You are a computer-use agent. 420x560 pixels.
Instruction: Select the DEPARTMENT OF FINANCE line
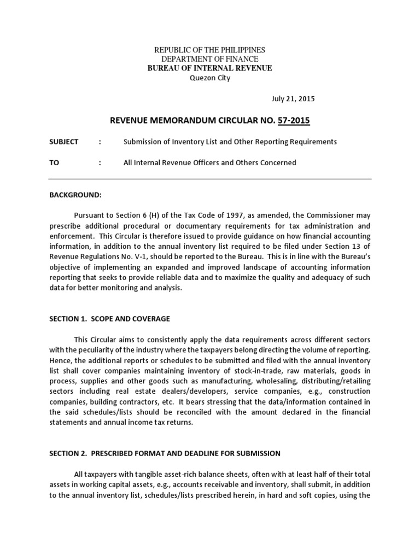(x=210, y=59)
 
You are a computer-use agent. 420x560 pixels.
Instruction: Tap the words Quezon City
(x=210, y=78)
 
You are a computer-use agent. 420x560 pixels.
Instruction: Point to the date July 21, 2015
(x=293, y=99)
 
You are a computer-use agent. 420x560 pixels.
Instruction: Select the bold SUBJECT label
(x=64, y=142)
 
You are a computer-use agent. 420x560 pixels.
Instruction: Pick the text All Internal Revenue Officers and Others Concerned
(x=210, y=162)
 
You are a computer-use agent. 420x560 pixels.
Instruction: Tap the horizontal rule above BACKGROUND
(x=210, y=179)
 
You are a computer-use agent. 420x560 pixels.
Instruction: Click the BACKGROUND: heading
(x=75, y=195)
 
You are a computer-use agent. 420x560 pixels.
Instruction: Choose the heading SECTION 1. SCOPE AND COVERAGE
(x=109, y=319)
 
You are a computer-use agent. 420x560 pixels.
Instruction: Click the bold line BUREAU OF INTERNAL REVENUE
(x=210, y=68)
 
